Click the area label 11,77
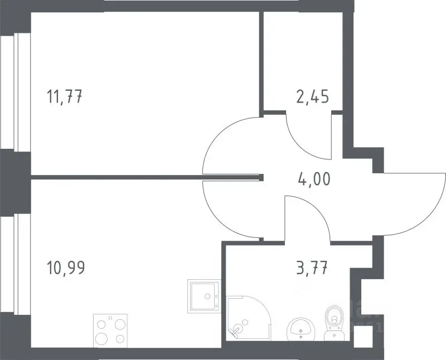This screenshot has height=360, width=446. click(x=64, y=96)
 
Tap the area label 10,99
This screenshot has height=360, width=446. click(x=65, y=268)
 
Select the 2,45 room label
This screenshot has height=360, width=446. click(x=313, y=96)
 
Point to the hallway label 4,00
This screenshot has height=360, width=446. click(x=314, y=179)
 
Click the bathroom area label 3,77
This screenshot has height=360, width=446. click(x=312, y=268)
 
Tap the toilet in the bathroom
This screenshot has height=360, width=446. click(x=334, y=323)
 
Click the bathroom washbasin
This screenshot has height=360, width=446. click(x=300, y=329)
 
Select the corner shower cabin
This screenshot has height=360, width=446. click(x=249, y=318)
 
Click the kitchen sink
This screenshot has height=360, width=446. click(x=204, y=296)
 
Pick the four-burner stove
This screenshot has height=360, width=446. click(x=110, y=330)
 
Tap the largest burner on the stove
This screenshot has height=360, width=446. click(x=101, y=339)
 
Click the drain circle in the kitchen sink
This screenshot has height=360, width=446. click(x=207, y=296)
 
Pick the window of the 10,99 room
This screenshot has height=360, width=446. click(x=16, y=265)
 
